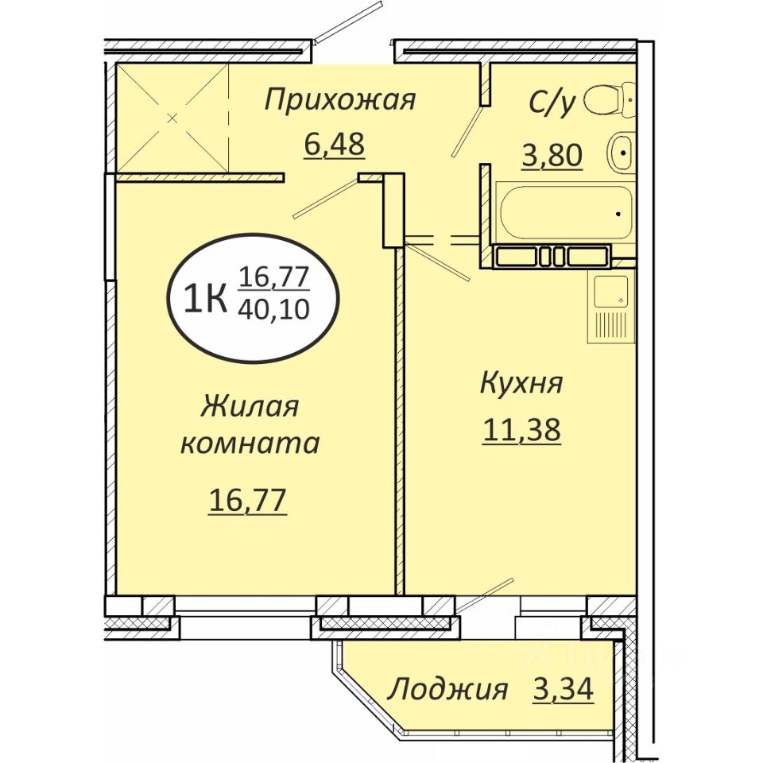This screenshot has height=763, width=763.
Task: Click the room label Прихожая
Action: [339, 101]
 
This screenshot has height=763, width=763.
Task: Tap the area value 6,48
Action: [334, 144]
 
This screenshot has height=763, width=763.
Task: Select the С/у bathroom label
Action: [553, 103]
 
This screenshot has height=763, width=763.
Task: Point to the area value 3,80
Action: [552, 156]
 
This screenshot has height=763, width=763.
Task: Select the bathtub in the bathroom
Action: [565, 212]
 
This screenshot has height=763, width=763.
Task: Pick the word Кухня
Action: [521, 383]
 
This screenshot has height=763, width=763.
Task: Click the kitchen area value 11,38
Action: [521, 430]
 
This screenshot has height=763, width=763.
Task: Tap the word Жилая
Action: [249, 407]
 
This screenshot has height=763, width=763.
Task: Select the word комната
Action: [250, 444]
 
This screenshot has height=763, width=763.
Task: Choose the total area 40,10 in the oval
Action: [274, 308]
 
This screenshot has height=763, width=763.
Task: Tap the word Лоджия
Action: [447, 690]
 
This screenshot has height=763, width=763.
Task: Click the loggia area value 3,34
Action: [564, 689]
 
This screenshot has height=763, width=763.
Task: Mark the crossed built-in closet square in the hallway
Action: [172, 118]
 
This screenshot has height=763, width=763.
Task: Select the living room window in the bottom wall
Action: [246, 610]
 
